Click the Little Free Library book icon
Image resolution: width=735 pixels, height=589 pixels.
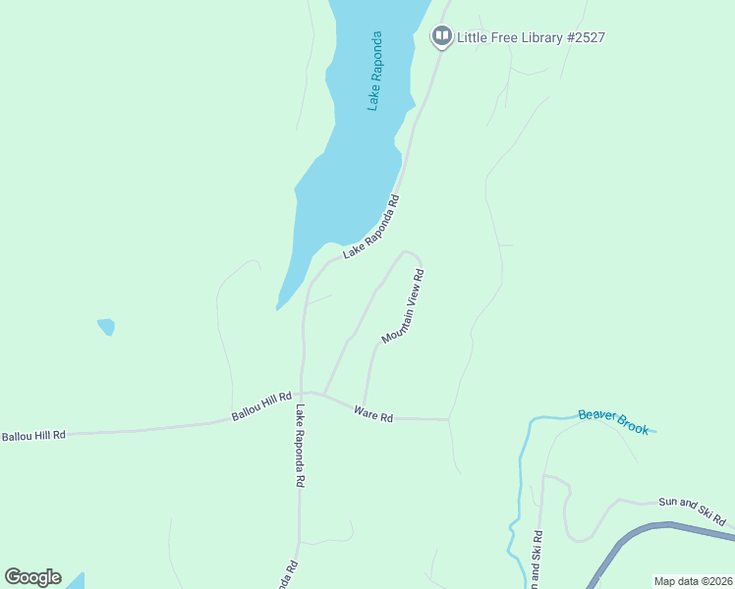(441, 37)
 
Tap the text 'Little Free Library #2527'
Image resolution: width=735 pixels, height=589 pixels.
(531, 37)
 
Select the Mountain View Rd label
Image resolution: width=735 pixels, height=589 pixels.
(403, 306)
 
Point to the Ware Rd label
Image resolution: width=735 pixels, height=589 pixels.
(373, 415)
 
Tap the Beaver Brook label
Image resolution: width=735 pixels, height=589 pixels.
(613, 421)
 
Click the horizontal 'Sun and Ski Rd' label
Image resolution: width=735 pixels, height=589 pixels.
(691, 509)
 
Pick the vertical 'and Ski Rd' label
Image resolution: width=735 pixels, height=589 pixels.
(537, 561)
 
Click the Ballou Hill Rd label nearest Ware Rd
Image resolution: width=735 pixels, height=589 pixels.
(262, 406)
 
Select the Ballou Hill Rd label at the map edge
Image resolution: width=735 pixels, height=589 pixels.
(32, 435)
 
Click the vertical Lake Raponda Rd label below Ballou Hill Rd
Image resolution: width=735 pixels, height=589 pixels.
(301, 447)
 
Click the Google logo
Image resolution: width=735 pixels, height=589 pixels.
(32, 577)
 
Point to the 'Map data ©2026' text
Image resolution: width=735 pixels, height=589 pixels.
(693, 581)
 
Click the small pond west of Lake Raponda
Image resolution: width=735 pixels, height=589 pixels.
(106, 326)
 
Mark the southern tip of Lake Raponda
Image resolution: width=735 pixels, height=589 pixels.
(280, 305)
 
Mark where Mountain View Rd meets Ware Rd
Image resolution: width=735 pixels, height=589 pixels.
(364, 406)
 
